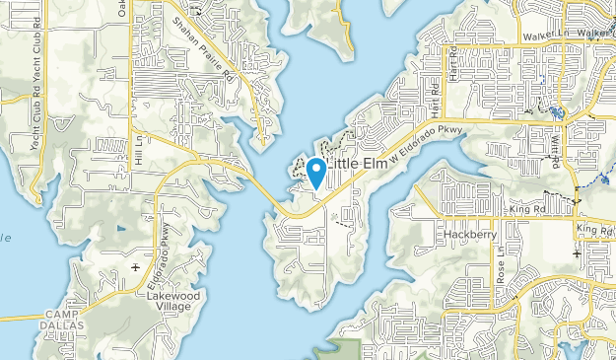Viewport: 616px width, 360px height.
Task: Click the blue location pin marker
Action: click(315, 172)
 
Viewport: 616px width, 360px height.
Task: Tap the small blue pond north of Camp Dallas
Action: click(120, 229)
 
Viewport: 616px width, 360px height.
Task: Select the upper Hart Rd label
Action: click(451, 61)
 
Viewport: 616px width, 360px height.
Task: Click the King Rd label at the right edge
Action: click(595, 229)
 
